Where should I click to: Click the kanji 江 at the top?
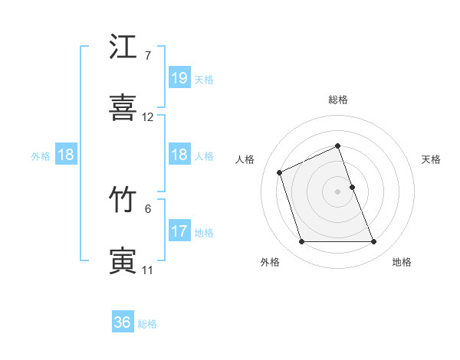[123, 47]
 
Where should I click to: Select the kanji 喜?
[123, 108]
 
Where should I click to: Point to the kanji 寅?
[123, 260]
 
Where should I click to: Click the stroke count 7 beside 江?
[148, 56]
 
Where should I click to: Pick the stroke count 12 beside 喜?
[148, 117]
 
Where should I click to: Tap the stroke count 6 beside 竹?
[148, 208]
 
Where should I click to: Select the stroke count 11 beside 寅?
[148, 270]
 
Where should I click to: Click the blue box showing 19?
[179, 78]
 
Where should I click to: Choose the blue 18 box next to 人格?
[179, 155]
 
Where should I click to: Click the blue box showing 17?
[179, 231]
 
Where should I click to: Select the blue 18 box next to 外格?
[66, 155]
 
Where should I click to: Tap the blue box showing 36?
[123, 322]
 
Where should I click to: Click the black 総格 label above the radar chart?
[338, 100]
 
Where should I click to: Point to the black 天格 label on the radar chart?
[431, 159]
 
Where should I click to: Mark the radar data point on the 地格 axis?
[374, 242]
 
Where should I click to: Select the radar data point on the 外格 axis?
[301, 242]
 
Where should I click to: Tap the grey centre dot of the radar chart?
[338, 191]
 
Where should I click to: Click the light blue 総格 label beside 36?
[148, 323]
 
